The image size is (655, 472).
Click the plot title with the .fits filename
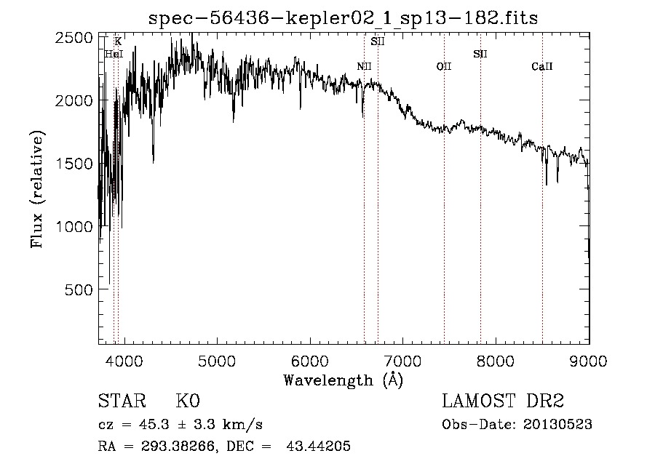point(343,18)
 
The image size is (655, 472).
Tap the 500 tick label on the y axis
point(80,289)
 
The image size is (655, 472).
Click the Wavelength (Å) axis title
point(343,379)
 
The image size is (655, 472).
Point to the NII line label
point(364,67)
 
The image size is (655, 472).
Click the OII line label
point(444,67)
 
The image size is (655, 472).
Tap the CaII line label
point(542,67)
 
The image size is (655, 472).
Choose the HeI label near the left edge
point(113,55)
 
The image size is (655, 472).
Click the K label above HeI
point(118,41)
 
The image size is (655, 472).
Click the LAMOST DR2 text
point(503,401)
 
